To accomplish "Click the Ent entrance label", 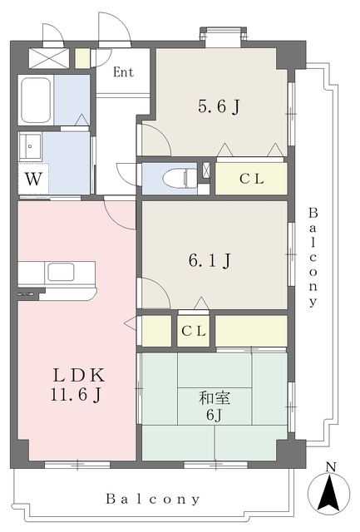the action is [x=123, y=72].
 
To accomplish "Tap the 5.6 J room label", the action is [x=219, y=107].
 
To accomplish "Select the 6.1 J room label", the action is [x=210, y=260].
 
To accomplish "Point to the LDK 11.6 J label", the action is [x=77, y=384].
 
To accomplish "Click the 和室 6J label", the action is [x=215, y=406].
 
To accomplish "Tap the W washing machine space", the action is [x=33, y=179].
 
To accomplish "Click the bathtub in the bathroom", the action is [x=37, y=100].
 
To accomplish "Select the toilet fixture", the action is [x=180, y=177].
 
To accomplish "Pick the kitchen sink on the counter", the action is [x=61, y=272].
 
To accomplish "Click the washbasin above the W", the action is [x=31, y=146].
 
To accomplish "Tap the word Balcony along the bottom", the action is [x=153, y=499].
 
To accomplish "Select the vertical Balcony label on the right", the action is [x=313, y=257].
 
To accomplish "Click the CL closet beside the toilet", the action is [x=251, y=179].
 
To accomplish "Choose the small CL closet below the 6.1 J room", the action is [x=194, y=331].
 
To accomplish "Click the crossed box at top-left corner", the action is [x=49, y=58].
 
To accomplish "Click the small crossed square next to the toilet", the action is [x=206, y=170].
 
